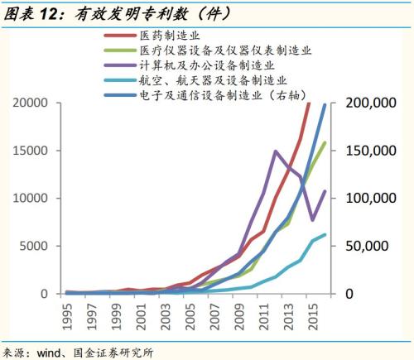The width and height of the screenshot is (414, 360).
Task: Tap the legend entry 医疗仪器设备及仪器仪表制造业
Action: click(220, 50)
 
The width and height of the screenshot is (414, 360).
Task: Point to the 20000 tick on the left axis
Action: click(34, 103)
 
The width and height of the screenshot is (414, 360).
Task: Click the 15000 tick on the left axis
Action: click(34, 151)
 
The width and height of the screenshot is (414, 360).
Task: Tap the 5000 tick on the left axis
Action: click(38, 247)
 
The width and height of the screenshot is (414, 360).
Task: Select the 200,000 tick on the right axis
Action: click(361, 103)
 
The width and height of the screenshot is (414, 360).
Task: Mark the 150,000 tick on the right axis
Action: click(361, 151)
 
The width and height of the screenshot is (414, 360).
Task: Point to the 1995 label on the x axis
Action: click(68, 317)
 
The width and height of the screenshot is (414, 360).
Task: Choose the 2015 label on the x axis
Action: click(311, 317)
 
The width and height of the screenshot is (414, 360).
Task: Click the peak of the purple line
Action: click(275, 151)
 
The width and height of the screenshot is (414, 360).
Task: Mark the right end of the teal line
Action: click(325, 234)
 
